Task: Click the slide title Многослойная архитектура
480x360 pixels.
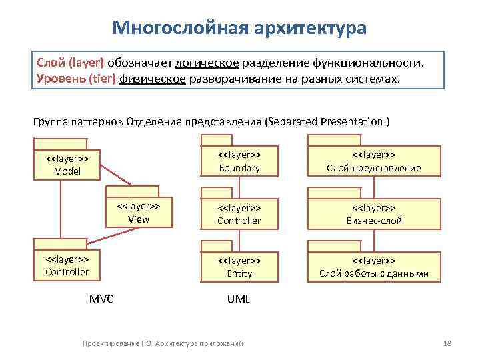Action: (x=239, y=29)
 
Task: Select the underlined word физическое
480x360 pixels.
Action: (x=153, y=79)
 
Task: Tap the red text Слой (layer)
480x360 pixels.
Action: (x=71, y=63)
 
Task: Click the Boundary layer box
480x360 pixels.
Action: (x=239, y=161)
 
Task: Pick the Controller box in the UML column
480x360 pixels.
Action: (x=239, y=213)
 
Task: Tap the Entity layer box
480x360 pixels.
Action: (x=239, y=267)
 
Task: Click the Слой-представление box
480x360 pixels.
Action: (x=373, y=161)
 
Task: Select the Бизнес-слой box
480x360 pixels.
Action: (x=373, y=213)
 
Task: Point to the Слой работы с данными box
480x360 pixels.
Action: (x=373, y=267)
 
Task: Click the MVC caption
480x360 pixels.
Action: (x=101, y=299)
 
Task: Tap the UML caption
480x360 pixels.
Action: (x=238, y=299)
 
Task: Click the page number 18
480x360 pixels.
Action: (x=447, y=343)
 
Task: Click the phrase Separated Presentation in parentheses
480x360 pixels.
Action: (x=326, y=122)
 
